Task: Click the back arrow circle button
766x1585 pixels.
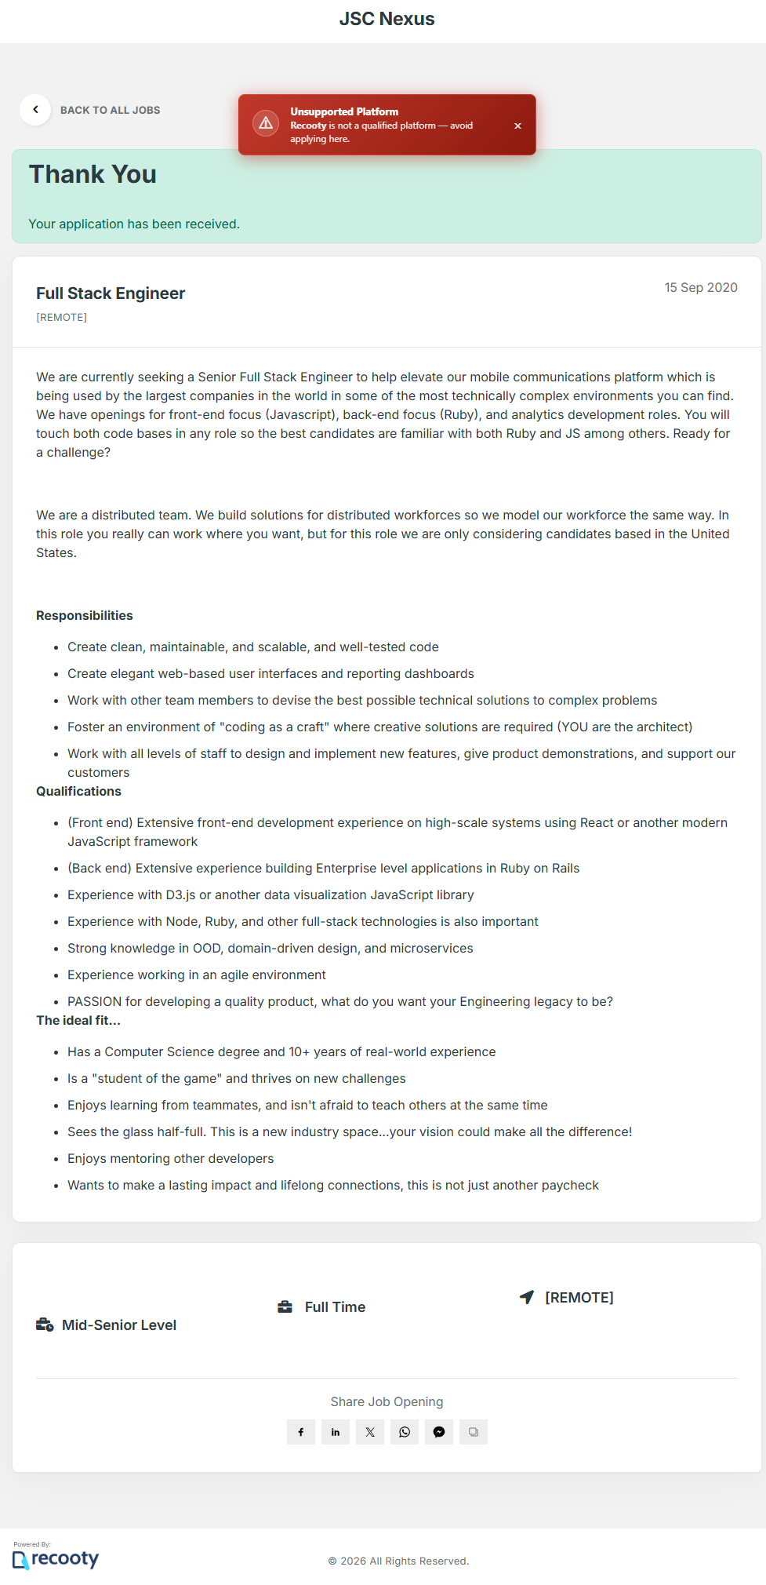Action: click(35, 110)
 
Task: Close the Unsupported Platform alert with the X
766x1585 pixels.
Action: click(517, 126)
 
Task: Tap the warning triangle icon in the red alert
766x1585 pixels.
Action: click(266, 124)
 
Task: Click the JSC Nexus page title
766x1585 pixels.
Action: click(387, 19)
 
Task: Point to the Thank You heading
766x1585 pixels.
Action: click(93, 174)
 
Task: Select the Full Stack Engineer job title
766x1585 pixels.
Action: click(111, 293)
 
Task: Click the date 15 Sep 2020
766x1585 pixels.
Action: click(700, 287)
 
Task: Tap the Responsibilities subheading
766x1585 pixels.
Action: click(85, 615)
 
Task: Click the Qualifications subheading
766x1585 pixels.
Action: click(78, 791)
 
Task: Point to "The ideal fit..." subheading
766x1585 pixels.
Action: click(78, 1020)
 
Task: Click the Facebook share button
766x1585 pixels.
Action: click(301, 1432)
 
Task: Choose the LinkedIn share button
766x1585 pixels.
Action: click(336, 1432)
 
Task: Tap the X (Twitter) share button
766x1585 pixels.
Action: click(370, 1432)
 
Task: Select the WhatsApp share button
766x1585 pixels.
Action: click(405, 1432)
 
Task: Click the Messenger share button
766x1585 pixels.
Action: click(439, 1432)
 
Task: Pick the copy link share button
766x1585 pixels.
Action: click(474, 1432)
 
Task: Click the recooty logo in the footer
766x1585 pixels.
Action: click(56, 1558)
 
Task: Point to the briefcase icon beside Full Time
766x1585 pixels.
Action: click(285, 1306)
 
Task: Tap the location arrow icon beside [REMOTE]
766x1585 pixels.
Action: click(527, 1297)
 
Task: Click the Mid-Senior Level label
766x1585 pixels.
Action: click(119, 1325)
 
